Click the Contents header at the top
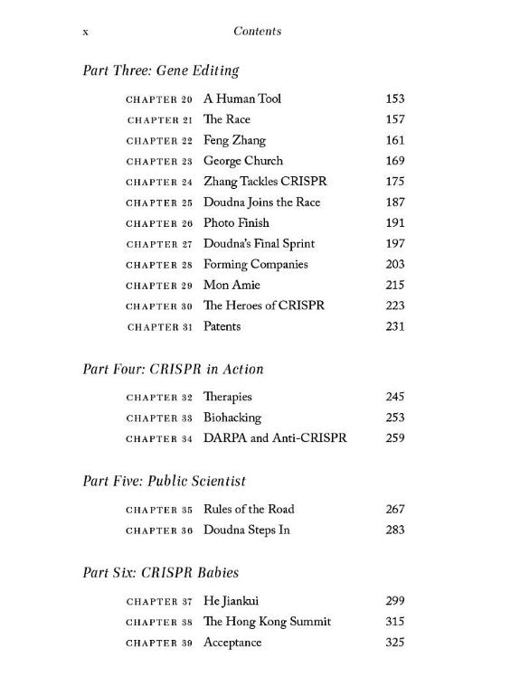[257, 31]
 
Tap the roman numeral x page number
[85, 32]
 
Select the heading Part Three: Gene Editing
[160, 70]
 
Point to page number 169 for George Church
[394, 161]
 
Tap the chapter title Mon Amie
[232, 285]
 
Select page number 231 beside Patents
[394, 326]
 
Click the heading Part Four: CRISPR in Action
[173, 369]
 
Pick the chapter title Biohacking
[232, 418]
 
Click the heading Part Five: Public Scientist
[164, 481]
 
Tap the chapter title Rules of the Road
[249, 509]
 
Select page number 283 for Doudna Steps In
[394, 530]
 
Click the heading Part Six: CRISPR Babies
[161, 572]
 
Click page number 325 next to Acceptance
[394, 643]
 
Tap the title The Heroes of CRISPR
[264, 305]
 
